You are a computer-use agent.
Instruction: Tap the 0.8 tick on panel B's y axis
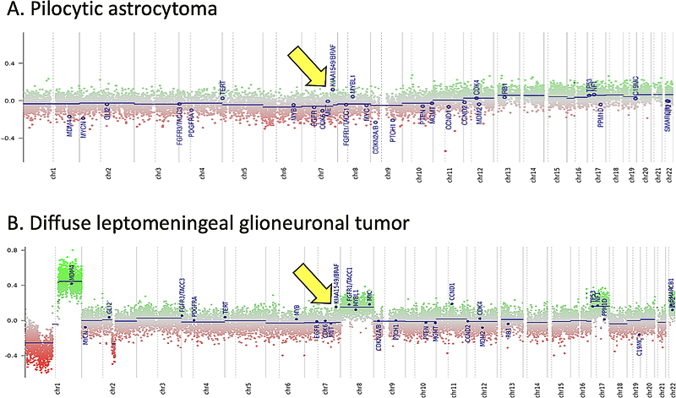pos(11,251)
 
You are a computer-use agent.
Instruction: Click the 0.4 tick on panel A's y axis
pos(11,63)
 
